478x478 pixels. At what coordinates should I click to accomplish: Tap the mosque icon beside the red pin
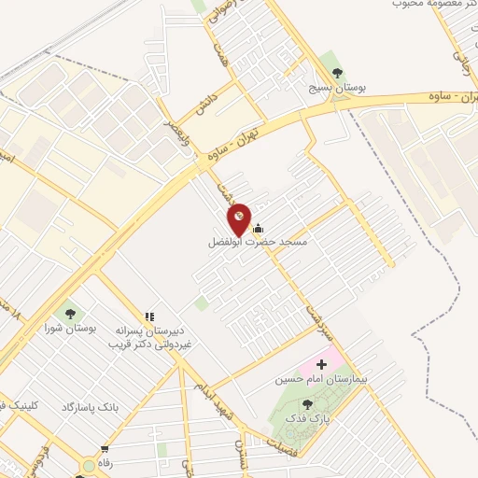(258, 228)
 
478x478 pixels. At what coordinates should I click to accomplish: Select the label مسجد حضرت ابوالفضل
(258, 242)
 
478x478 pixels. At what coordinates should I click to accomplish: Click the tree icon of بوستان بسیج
(337, 72)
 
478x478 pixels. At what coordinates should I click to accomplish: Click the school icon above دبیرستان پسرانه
(149, 317)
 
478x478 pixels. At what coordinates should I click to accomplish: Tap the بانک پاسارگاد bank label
(92, 408)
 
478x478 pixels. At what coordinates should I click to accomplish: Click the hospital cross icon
(323, 363)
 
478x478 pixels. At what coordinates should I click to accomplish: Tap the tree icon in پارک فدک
(307, 403)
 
